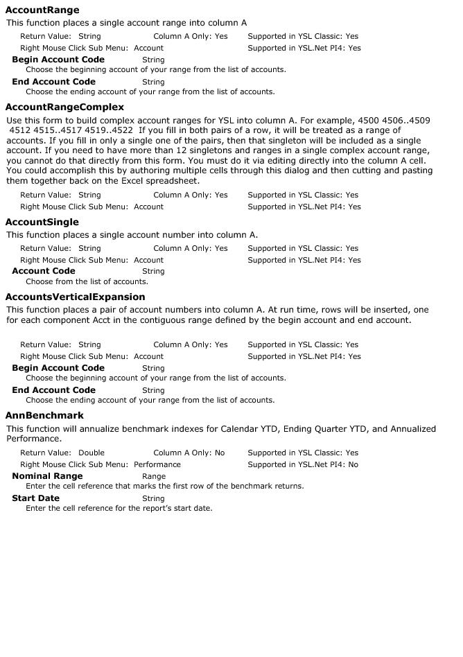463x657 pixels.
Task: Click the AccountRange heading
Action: [42, 10]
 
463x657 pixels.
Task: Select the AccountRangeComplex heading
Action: [64, 107]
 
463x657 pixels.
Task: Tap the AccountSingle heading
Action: [42, 222]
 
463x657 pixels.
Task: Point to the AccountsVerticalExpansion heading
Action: [75, 297]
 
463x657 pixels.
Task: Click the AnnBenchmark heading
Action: [44, 416]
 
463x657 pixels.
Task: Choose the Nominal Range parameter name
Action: [47, 476]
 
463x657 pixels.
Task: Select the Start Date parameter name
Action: [35, 498]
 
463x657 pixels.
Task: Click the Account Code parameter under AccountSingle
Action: [43, 271]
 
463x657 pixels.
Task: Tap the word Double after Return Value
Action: [91, 453]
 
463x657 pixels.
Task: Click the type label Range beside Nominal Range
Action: [153, 477]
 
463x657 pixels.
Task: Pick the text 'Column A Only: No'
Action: [189, 453]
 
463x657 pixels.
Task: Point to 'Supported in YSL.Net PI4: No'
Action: [303, 465]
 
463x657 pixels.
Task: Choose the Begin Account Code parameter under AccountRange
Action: [58, 60]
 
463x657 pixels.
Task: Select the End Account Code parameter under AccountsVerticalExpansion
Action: [53, 390]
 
